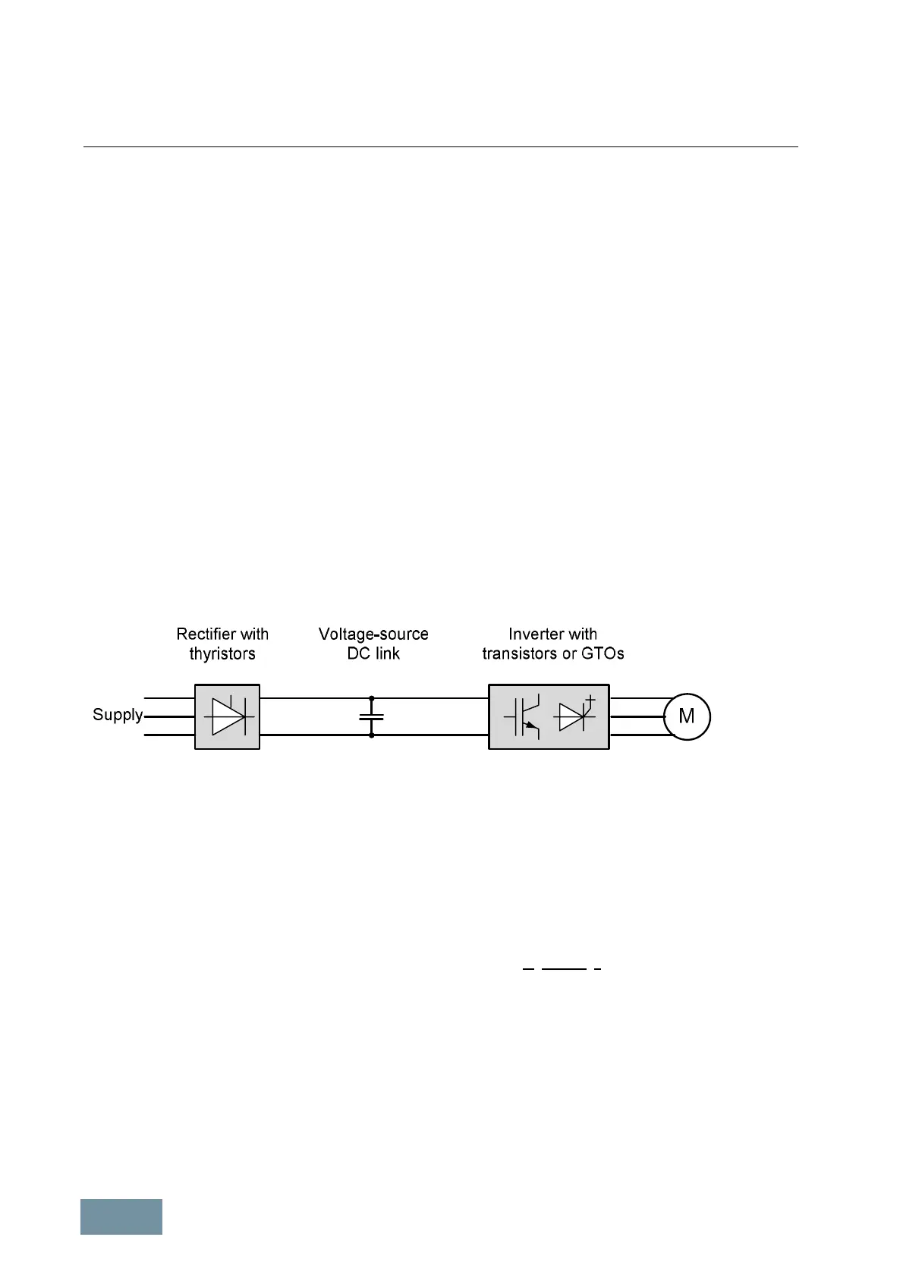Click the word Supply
118,715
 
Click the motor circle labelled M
687,716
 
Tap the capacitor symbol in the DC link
371,716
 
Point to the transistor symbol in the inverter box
522,716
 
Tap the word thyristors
222,653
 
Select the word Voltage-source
373,634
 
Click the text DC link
373,653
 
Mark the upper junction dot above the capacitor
371,697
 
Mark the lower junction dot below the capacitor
371,735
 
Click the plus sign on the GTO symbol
590,699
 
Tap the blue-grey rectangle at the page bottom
121,1217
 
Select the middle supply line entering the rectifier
168,716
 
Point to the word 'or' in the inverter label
569,653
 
